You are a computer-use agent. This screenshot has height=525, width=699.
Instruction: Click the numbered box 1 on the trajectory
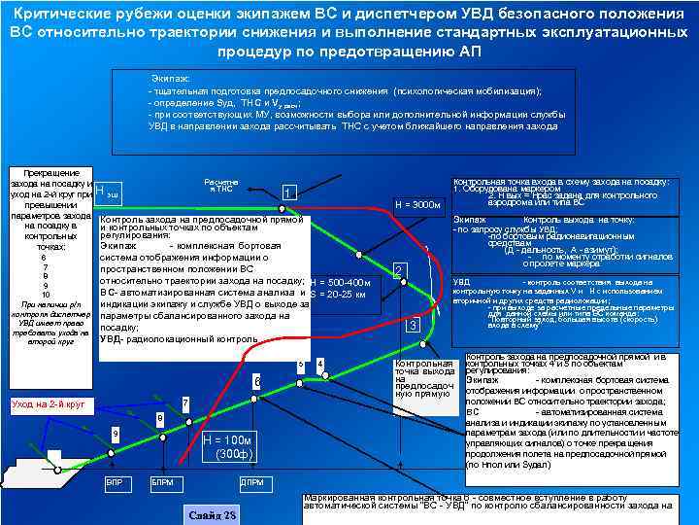[288, 193]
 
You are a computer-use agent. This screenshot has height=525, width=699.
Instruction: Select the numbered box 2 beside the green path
[399, 269]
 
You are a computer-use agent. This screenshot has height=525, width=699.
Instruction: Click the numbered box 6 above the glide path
[257, 382]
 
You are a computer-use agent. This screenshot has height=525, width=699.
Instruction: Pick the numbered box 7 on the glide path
[184, 402]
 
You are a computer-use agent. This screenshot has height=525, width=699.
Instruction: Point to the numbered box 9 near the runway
[115, 433]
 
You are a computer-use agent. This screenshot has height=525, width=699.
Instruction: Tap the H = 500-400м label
[339, 282]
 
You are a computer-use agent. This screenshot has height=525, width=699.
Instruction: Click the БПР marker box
[114, 482]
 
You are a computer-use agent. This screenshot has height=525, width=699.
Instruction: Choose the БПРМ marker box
[162, 482]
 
